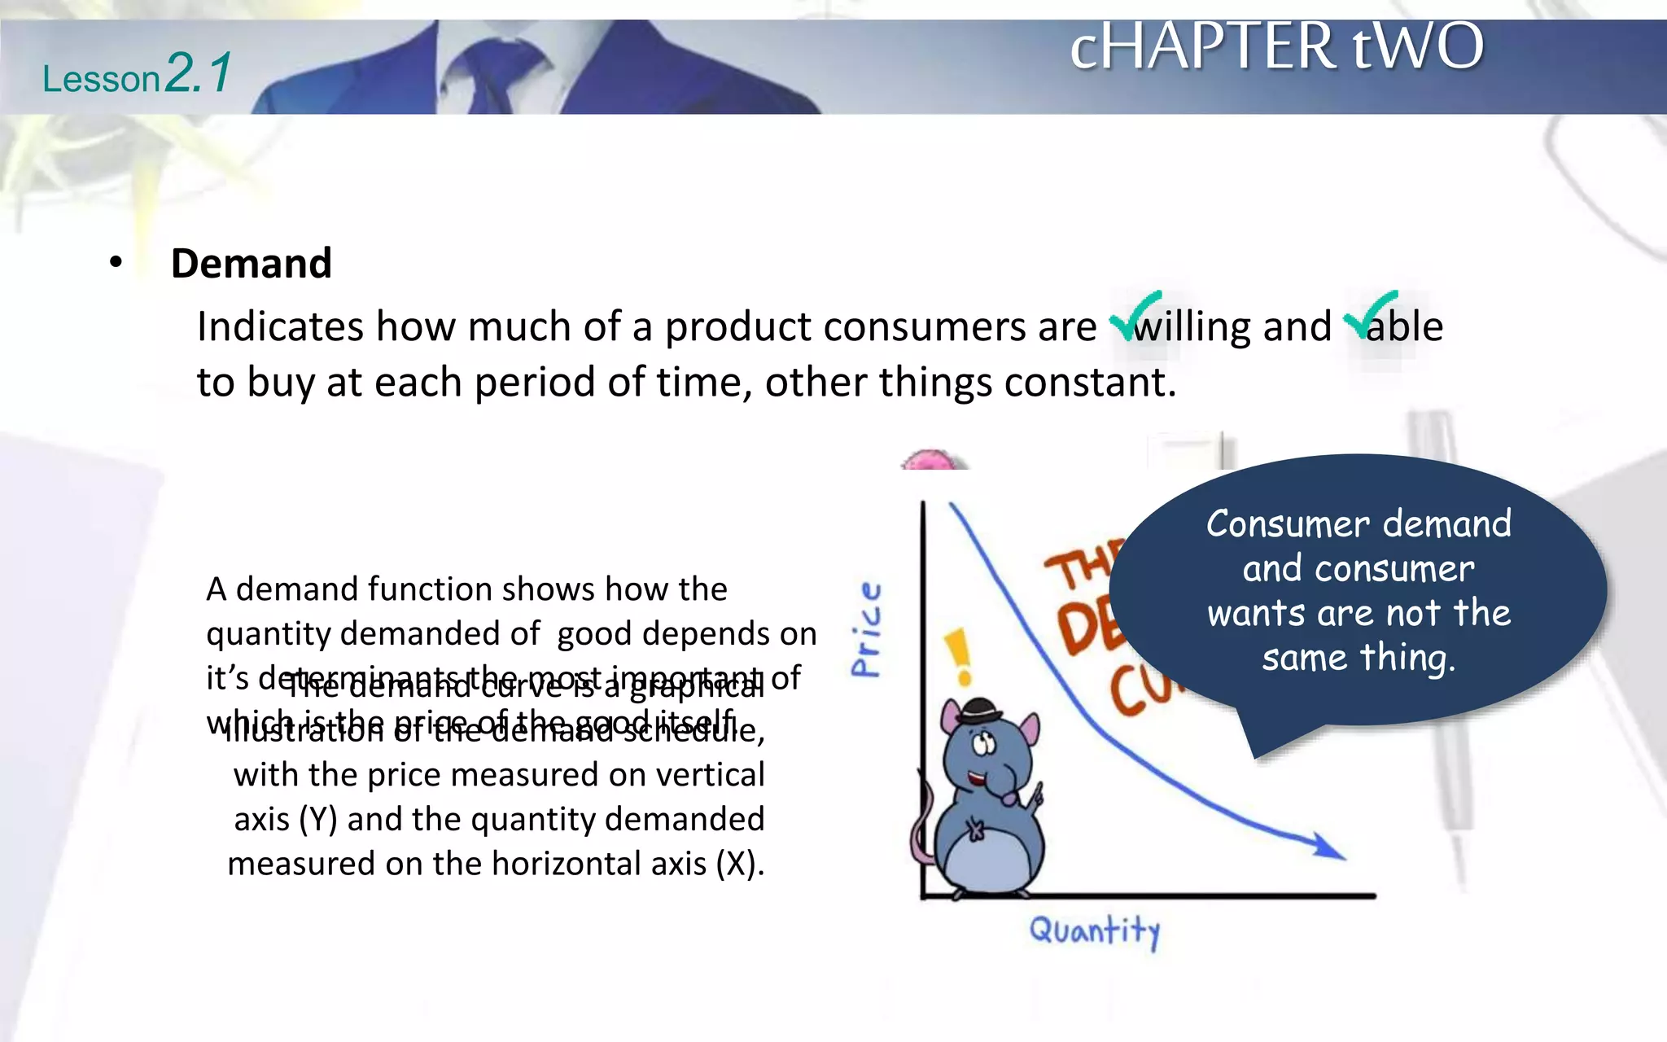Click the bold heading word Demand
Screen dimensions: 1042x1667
[251, 264]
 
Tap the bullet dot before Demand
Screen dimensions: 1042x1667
[116, 262]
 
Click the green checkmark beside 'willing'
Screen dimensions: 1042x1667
[1135, 315]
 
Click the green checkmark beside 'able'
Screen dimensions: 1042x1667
[1370, 315]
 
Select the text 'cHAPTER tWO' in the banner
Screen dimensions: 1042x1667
[1276, 46]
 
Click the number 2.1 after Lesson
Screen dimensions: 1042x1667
[198, 73]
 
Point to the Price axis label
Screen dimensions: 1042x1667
[866, 628]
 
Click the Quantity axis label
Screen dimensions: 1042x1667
[1095, 930]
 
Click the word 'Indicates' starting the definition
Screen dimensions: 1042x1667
[280, 327]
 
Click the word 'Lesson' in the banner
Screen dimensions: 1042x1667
[101, 80]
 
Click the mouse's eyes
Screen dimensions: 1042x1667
[985, 742]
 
